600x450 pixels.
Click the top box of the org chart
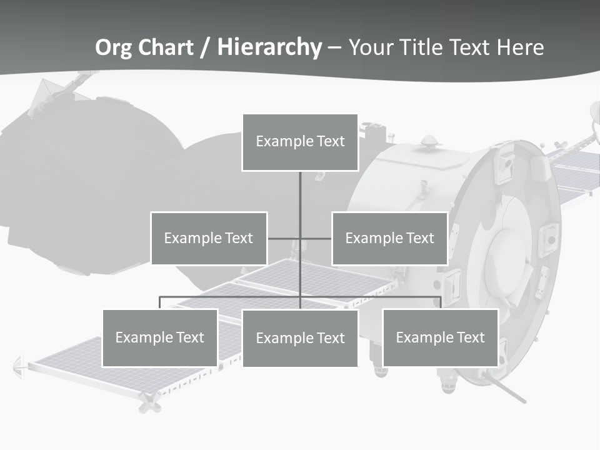click(x=300, y=142)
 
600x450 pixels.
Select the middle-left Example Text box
click(x=209, y=238)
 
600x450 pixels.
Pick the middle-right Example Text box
click(x=389, y=238)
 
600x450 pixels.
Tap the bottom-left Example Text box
click(x=160, y=337)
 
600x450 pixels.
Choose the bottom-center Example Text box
click(x=300, y=338)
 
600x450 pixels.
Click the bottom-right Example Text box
click(x=440, y=337)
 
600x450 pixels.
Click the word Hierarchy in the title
click(x=269, y=47)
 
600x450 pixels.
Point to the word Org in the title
click(x=112, y=47)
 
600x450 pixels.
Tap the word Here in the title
click(x=520, y=47)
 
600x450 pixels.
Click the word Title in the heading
click(x=417, y=47)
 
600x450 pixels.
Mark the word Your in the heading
click(x=371, y=47)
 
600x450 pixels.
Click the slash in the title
click(x=205, y=48)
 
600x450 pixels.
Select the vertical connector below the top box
click(x=300, y=194)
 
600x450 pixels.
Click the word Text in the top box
click(x=331, y=141)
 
